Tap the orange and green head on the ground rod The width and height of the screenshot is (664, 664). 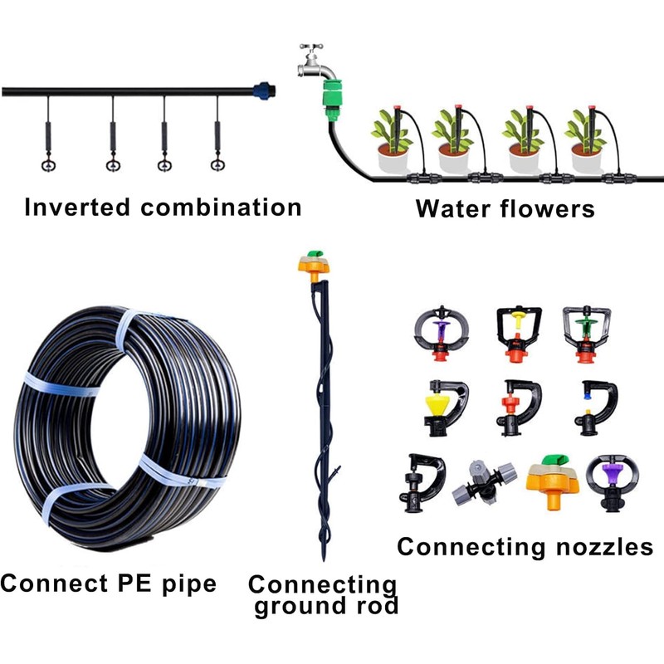pos(314,265)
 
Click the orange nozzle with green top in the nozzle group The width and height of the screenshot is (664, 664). pos(550,480)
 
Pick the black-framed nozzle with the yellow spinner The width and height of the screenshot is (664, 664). pos(516,330)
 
